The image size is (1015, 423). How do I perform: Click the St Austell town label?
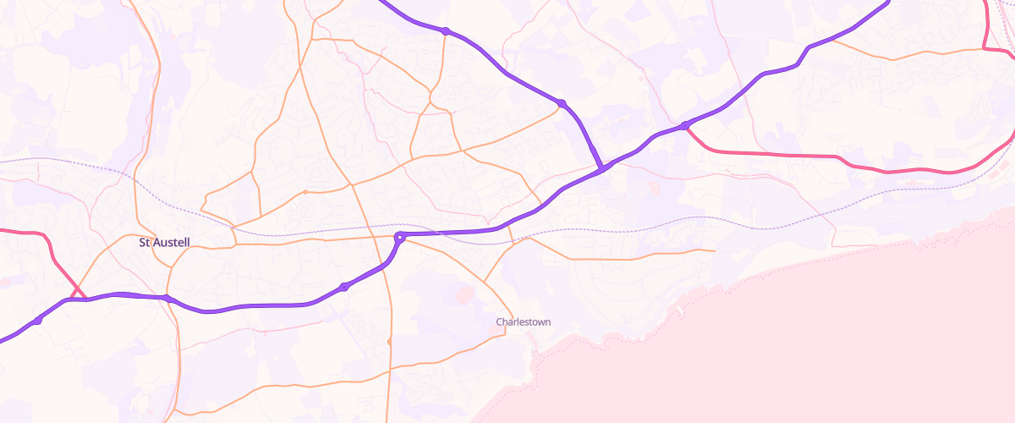pos(164,243)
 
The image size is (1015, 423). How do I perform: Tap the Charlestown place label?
pos(523,322)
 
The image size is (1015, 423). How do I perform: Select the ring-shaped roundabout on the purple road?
pos(400,238)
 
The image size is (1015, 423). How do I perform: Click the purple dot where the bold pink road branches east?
pos(684,126)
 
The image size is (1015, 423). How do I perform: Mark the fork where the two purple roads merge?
pos(602,169)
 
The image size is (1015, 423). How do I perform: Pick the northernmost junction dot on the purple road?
pos(445,31)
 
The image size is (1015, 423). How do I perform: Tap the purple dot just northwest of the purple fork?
pos(561,103)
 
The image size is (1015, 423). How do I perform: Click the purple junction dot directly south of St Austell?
pos(167,298)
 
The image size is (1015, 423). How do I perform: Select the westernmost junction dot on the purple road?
pos(39,321)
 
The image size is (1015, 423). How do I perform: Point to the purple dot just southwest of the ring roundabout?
pos(343,288)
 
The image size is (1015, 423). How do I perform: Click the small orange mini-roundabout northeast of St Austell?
pos(304,192)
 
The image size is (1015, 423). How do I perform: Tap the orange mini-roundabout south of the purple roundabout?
pos(389,342)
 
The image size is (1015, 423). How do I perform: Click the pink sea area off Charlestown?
pos(761,355)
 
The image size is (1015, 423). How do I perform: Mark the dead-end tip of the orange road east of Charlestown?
pos(716,251)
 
